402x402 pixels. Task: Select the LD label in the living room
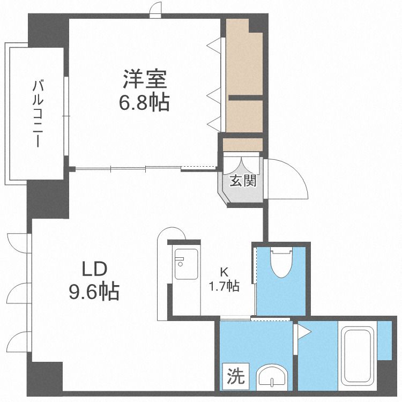pos(95,269)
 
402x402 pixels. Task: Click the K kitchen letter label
pos(225,272)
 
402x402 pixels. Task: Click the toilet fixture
pos(281,262)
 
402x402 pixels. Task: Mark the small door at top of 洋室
pos(155,10)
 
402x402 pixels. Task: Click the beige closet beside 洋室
pos(244,75)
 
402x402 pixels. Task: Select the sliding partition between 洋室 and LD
pos(129,169)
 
